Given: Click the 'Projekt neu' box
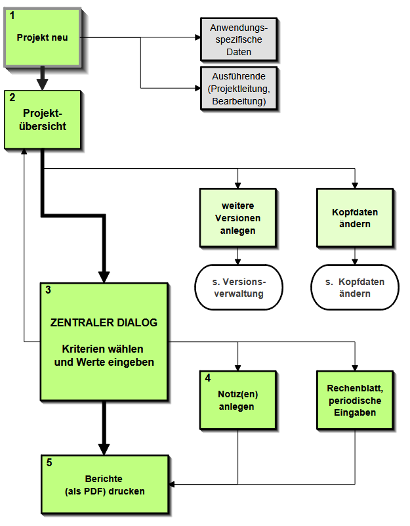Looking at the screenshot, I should [43, 37].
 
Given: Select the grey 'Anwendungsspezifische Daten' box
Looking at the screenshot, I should [238, 39].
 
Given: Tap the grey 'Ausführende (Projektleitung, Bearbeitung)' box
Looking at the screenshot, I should [238, 87].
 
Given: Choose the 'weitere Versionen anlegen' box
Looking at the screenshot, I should [237, 218].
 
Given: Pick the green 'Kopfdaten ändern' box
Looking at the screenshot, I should [355, 218].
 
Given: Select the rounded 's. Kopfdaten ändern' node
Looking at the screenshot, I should [355, 288].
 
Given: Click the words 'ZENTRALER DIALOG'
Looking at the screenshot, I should [104, 323].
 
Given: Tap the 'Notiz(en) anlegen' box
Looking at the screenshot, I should [237, 401].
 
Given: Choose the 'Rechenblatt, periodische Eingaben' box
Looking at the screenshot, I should [355, 401].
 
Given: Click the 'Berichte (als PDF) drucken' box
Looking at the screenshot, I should [105, 485].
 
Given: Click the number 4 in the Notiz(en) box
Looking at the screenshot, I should [208, 378].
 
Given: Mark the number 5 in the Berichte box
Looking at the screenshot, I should [50, 462].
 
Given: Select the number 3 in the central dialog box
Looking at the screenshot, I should [49, 290].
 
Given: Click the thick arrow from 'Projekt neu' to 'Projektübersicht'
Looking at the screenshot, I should [43, 77].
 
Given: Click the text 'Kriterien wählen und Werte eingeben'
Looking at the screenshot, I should [104, 355].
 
